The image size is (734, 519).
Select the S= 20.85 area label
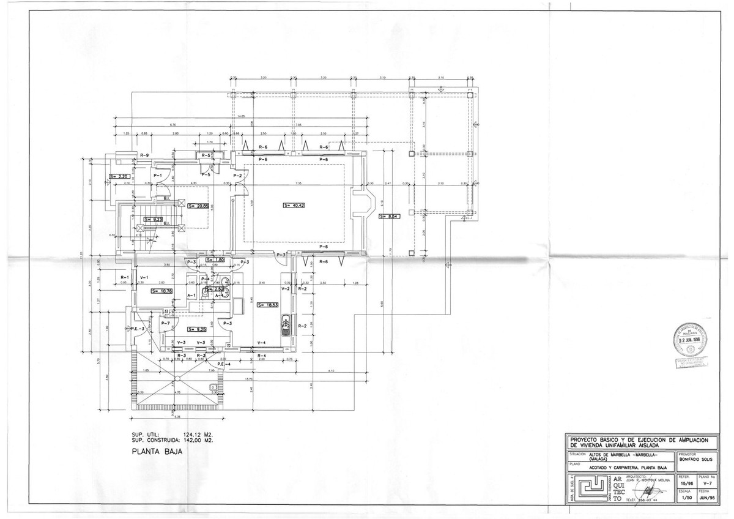[199, 206]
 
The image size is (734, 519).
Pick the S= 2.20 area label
[120, 176]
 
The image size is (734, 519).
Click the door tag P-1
[157, 175]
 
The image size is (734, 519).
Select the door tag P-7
[165, 323]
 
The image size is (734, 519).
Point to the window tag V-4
[261, 342]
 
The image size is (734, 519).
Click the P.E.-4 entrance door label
[223, 365]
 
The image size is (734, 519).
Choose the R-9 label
[145, 155]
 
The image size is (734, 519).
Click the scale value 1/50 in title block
[686, 498]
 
